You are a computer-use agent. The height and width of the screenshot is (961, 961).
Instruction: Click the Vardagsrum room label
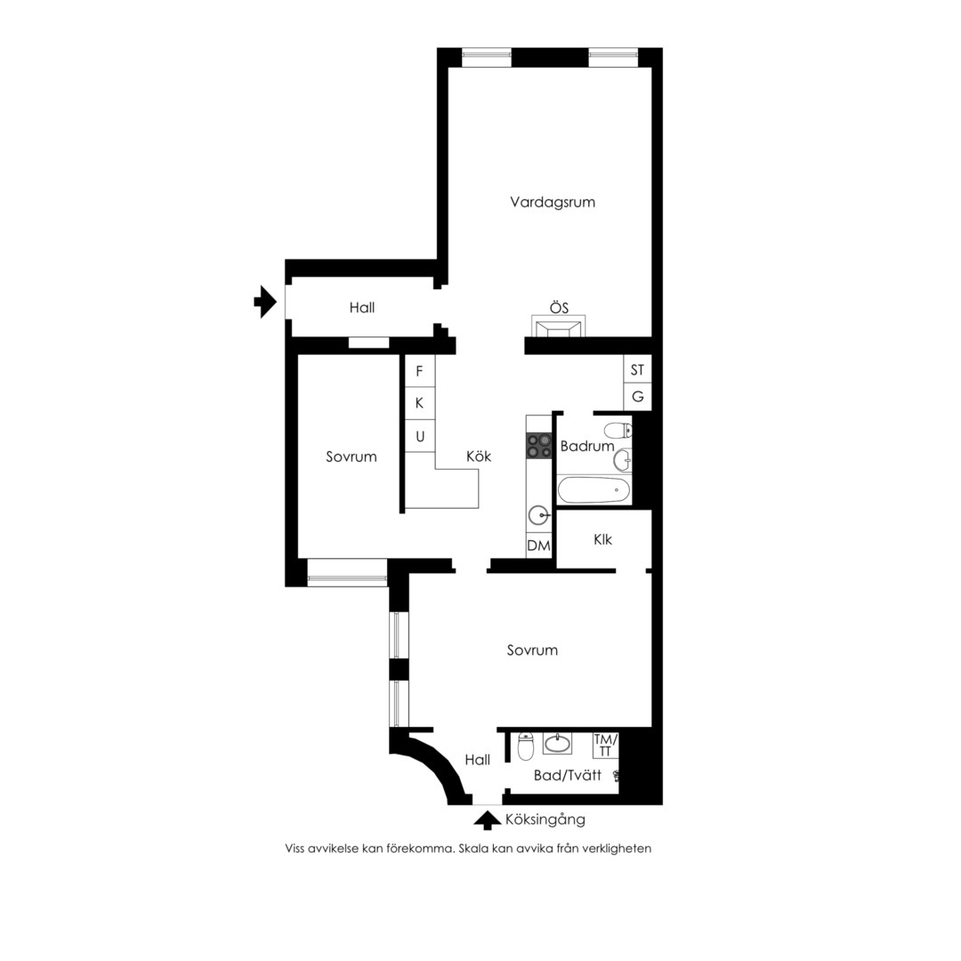553,202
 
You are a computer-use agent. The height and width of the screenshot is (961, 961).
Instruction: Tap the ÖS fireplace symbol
558,326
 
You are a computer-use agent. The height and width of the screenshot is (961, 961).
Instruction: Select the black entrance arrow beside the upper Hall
265,302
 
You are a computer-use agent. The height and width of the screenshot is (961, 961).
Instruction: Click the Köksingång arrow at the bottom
488,820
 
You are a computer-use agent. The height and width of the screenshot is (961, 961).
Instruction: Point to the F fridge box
420,371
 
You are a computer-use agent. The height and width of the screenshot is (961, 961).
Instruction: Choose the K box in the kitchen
420,403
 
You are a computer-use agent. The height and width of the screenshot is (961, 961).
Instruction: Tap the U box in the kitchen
420,436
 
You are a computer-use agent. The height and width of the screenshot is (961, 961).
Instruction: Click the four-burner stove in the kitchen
538,446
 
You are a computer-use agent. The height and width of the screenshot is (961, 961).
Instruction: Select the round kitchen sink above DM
539,515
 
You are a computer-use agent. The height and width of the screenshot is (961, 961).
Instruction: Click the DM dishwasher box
538,545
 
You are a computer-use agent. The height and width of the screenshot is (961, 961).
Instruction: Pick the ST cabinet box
637,369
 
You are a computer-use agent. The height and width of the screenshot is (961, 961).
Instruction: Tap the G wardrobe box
637,397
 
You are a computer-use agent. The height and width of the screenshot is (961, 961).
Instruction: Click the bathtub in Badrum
594,490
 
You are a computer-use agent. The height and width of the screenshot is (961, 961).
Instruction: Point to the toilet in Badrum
618,431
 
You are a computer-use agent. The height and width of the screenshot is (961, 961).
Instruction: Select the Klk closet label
602,540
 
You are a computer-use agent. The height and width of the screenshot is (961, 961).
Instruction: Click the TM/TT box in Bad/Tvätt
606,746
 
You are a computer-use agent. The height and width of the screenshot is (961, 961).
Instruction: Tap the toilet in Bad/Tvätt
526,746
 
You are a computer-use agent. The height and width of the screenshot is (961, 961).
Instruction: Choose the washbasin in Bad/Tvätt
557,743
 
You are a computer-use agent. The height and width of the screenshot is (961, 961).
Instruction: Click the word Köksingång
545,820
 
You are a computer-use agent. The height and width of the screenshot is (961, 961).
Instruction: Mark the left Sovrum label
351,456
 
